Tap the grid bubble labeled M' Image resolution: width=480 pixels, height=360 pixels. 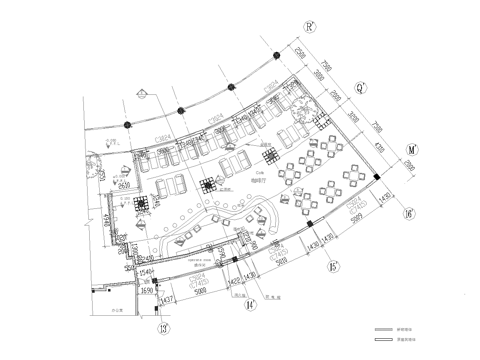tap(412, 149)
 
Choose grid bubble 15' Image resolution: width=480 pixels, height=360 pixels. tap(331, 267)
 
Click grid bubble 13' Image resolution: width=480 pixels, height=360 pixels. tap(162, 326)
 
